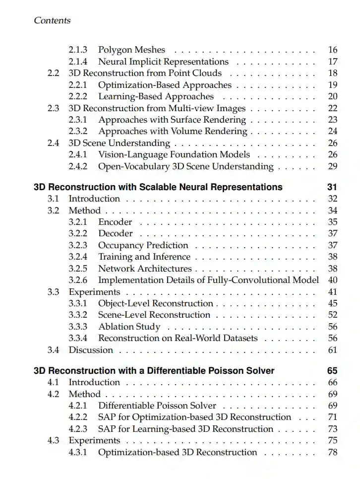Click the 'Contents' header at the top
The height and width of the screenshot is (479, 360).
click(52, 20)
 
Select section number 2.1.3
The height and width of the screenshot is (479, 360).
click(78, 50)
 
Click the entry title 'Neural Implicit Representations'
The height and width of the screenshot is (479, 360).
click(163, 62)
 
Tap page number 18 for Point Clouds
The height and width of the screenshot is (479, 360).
click(333, 73)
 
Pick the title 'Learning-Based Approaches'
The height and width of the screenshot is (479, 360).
click(156, 97)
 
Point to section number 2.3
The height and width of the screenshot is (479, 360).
click(54, 108)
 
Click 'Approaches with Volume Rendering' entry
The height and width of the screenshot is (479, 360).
click(173, 132)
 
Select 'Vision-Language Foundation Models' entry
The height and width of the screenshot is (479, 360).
click(174, 155)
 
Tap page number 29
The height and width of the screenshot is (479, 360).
click(333, 167)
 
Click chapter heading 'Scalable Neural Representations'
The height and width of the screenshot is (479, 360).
click(158, 187)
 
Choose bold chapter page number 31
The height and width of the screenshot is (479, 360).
click(332, 187)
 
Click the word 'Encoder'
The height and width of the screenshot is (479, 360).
click(115, 222)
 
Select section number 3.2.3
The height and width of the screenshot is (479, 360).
click(78, 245)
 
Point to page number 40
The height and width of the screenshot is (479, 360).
click(333, 280)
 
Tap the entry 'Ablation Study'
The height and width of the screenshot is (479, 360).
click(129, 327)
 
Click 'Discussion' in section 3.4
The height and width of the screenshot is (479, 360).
click(91, 350)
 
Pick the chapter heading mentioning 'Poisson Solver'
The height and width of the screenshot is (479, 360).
click(154, 371)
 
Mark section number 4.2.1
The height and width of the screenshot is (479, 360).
click(78, 406)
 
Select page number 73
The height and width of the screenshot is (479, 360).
click(333, 429)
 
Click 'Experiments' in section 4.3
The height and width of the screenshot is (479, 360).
click(94, 441)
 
